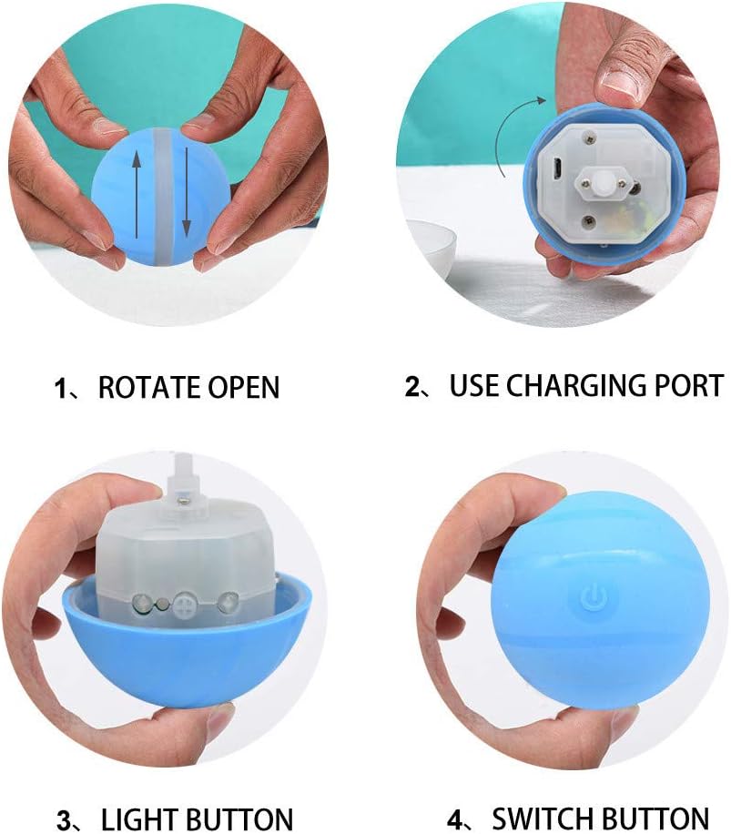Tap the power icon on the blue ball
point(592,599)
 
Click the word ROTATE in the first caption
point(147,388)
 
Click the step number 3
point(65,819)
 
